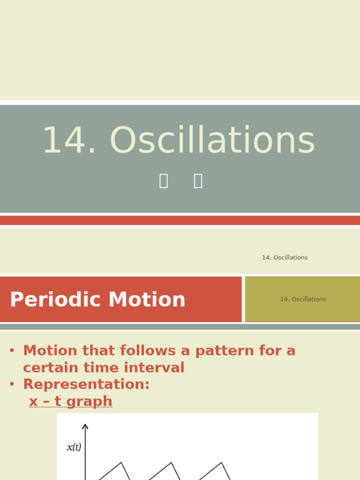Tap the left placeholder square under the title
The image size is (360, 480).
[x=164, y=181]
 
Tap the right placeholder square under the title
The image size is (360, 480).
[x=198, y=181]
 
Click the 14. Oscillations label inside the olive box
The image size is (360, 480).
[x=303, y=300]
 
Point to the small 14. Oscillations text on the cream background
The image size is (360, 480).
[x=285, y=258]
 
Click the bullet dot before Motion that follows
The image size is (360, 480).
[x=12, y=351]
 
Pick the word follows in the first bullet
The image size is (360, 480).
[x=150, y=351]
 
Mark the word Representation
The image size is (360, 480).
[x=86, y=385]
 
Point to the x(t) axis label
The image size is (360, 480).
[x=74, y=447]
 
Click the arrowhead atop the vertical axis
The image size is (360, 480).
[x=85, y=426]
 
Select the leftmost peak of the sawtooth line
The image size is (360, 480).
[x=121, y=463]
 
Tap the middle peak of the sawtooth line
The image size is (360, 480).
[x=171, y=463]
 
